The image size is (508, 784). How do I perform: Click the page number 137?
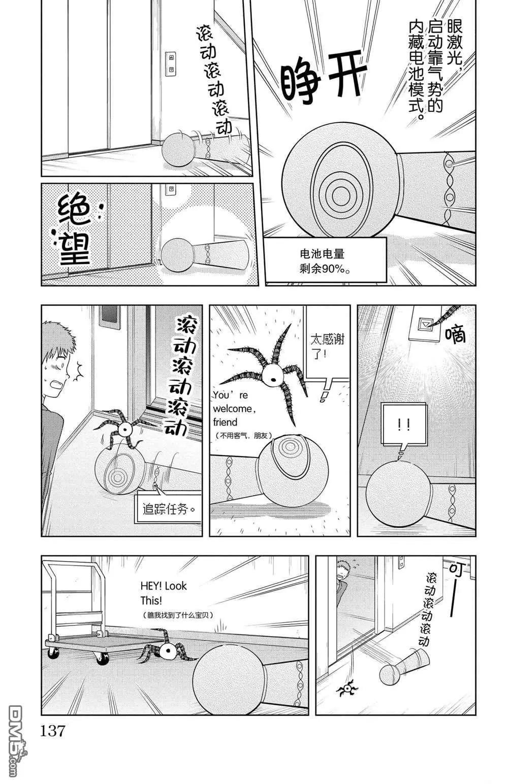[52, 731]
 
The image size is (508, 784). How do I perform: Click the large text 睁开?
[323, 78]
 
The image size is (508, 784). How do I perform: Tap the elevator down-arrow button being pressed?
[425, 324]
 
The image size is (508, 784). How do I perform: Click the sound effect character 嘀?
[455, 334]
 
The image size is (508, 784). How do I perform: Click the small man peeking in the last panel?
[341, 580]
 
